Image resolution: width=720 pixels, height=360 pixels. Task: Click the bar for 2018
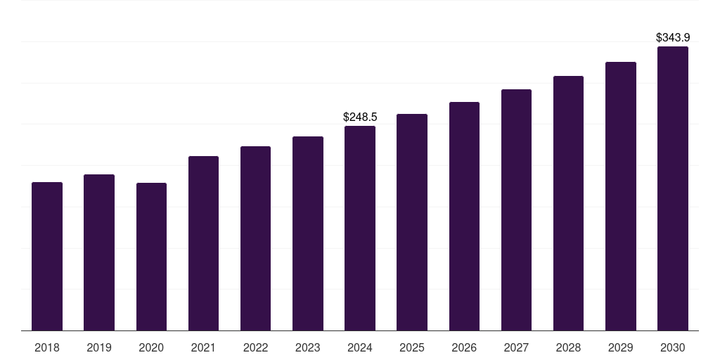click(47, 257)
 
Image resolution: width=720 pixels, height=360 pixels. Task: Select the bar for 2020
click(151, 257)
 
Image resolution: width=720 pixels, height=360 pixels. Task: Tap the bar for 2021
click(203, 243)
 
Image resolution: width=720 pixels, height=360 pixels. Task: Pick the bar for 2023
click(308, 233)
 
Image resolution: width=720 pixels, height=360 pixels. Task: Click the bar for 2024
click(360, 229)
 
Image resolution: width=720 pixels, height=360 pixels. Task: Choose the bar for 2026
click(464, 217)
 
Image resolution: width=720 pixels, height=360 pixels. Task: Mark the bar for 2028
click(568, 203)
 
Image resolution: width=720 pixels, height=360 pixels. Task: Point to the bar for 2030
click(673, 188)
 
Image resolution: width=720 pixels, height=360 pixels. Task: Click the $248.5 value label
click(360, 117)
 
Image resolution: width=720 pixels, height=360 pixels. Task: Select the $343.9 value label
click(673, 37)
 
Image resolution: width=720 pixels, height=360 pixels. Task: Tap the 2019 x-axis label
click(99, 347)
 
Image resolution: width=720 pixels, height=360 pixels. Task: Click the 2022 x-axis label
click(255, 347)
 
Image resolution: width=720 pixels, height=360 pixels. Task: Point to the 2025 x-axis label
click(412, 347)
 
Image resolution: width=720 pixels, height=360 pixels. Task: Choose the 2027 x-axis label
click(516, 347)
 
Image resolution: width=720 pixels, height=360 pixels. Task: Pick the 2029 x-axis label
click(621, 347)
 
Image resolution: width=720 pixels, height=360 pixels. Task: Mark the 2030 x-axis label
click(673, 347)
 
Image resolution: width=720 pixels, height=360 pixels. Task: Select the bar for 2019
click(99, 252)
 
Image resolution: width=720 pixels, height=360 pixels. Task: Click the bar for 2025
click(412, 222)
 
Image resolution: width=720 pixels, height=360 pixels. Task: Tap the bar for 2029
click(621, 196)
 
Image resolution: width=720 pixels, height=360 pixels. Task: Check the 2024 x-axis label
click(360, 347)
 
